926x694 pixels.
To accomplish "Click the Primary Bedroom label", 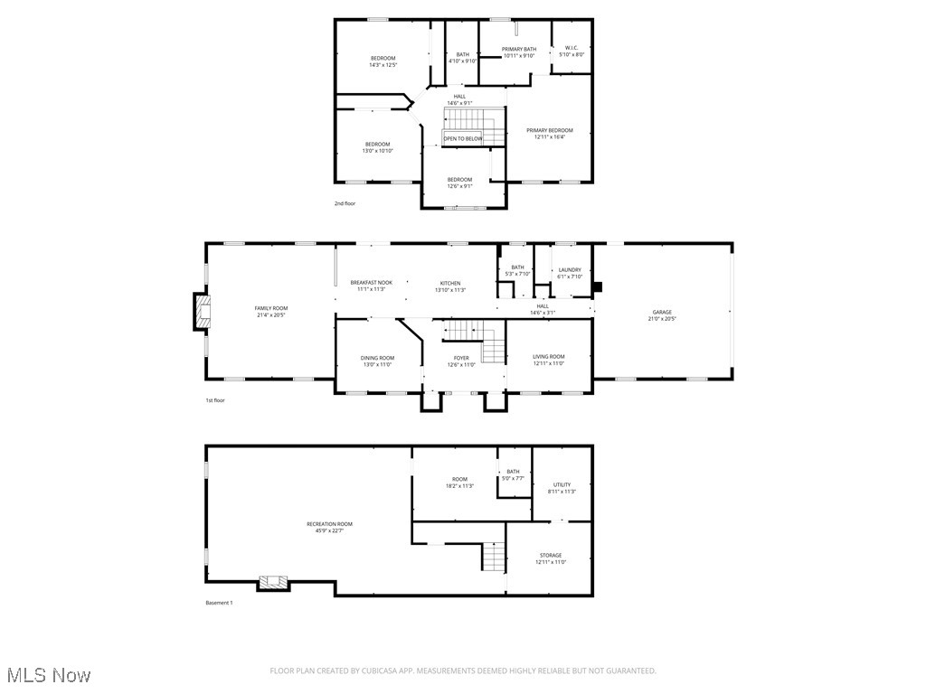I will click(550, 130).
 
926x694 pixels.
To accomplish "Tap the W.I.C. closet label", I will click(572, 48).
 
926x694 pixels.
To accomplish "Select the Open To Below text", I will click(462, 138).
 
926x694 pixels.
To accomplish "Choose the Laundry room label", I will click(570, 269).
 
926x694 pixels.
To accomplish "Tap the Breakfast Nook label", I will click(371, 283).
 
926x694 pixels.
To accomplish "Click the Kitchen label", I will click(450, 283).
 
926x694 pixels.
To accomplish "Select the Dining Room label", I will click(377, 358).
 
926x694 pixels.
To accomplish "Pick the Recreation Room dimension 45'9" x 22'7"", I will click(329, 531).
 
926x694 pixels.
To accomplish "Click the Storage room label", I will click(551, 555).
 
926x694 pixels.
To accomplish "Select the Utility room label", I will click(562, 484).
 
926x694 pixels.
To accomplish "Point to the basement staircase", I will click(493, 557).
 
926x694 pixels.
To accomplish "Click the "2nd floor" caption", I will click(345, 203).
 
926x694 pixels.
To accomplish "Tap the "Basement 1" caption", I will click(219, 603).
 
